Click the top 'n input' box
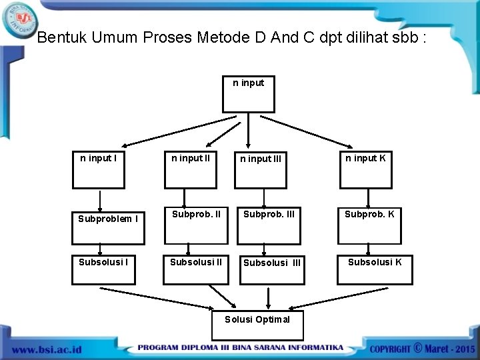(x=248, y=94)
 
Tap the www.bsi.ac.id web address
(x=46, y=349)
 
